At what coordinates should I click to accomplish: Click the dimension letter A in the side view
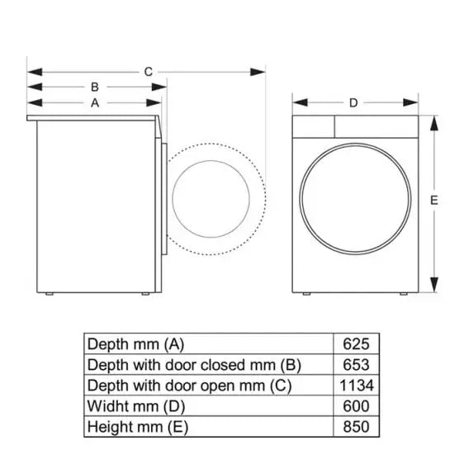[95, 103]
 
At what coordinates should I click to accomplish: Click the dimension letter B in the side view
[95, 86]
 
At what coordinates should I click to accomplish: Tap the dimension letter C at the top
[148, 72]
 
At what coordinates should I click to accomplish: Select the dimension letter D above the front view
[353, 103]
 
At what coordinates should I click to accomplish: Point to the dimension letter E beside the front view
[434, 200]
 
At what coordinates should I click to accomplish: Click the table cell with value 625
[355, 343]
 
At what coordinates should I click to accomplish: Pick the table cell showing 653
[355, 364]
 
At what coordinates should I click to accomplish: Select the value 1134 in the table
[355, 386]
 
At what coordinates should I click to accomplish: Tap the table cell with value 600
[355, 406]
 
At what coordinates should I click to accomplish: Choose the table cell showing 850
[355, 427]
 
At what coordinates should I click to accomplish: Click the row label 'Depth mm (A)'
[135, 343]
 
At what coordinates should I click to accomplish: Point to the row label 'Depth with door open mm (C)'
[189, 386]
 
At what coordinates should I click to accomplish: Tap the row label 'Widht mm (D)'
[136, 406]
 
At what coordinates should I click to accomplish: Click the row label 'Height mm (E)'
[140, 427]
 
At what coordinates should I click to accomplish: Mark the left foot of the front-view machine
[306, 293]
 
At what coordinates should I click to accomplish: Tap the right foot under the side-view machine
[146, 293]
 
